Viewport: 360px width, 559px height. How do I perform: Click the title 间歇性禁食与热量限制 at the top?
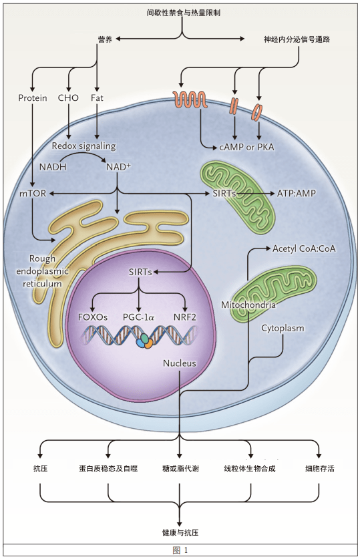point(183,13)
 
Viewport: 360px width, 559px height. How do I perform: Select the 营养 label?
point(105,39)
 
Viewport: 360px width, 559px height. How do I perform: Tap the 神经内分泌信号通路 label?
point(297,39)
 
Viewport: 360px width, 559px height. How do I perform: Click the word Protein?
point(33,98)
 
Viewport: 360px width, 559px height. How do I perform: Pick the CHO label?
point(68,98)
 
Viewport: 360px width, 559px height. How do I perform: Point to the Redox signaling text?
point(83,146)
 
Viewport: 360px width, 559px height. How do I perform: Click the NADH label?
point(53,166)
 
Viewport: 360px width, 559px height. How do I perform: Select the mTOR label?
point(33,193)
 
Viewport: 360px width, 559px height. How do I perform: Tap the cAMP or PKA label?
point(246,147)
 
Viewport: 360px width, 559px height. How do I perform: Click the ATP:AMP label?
point(297,193)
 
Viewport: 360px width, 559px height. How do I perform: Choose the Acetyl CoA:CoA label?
point(304,248)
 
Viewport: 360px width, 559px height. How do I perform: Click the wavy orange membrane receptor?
point(190,99)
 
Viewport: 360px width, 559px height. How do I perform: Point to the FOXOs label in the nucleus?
point(93,317)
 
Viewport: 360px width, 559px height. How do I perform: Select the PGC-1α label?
point(138,317)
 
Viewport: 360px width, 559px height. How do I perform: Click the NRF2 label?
point(185,317)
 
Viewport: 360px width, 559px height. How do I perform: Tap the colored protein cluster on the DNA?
point(145,341)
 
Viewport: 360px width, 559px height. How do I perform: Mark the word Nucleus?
point(179,363)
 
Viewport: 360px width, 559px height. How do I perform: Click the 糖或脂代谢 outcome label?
point(180,468)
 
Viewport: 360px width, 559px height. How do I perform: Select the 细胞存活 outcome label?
point(320,468)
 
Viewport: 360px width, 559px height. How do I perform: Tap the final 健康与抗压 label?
point(180,532)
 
